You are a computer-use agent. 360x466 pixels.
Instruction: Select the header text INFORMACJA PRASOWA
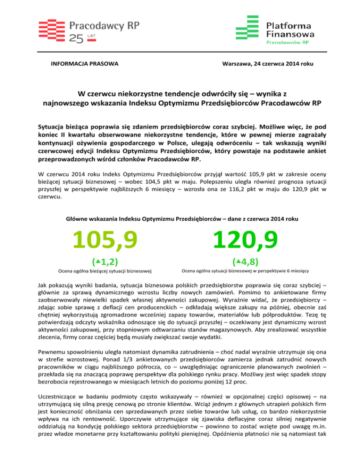[x=84, y=63]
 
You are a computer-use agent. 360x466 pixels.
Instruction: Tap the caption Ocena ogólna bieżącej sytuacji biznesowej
[x=107, y=271]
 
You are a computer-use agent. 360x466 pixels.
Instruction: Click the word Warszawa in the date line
[x=230, y=63]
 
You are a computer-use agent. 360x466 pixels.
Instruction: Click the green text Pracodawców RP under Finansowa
[x=287, y=42]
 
